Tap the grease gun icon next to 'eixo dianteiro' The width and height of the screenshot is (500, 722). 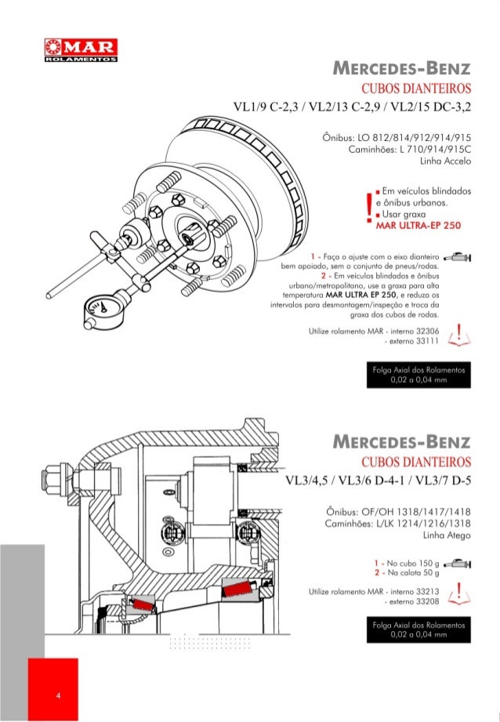[458, 257]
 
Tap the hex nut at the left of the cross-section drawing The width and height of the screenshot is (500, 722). [60, 475]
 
